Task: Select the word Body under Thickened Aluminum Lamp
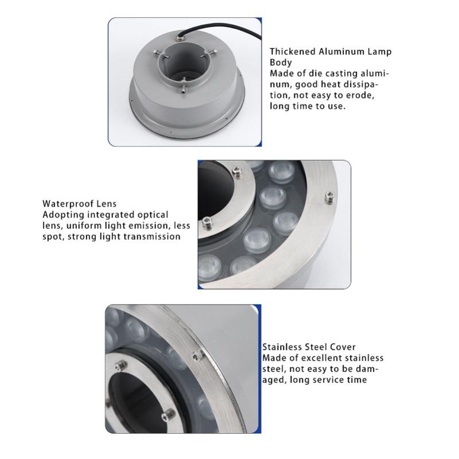coord(281,63)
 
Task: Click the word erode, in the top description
coord(360,96)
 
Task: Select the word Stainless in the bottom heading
coord(281,347)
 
